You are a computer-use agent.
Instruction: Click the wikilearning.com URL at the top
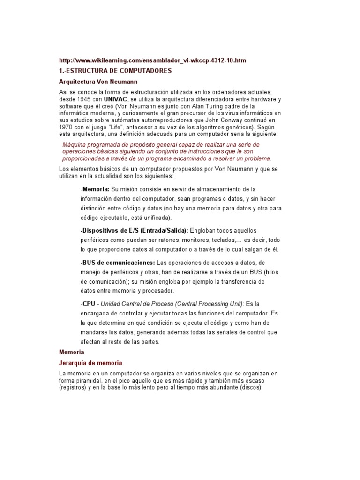click(x=152, y=61)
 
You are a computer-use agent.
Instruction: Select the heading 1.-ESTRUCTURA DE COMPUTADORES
click(x=116, y=71)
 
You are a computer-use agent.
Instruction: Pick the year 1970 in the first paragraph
click(x=67, y=127)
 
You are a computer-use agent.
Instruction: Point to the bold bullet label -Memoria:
click(x=95, y=189)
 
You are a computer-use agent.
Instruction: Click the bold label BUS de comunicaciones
click(x=119, y=262)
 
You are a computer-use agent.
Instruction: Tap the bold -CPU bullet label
click(x=88, y=304)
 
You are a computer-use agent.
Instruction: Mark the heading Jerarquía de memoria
click(x=90, y=363)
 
